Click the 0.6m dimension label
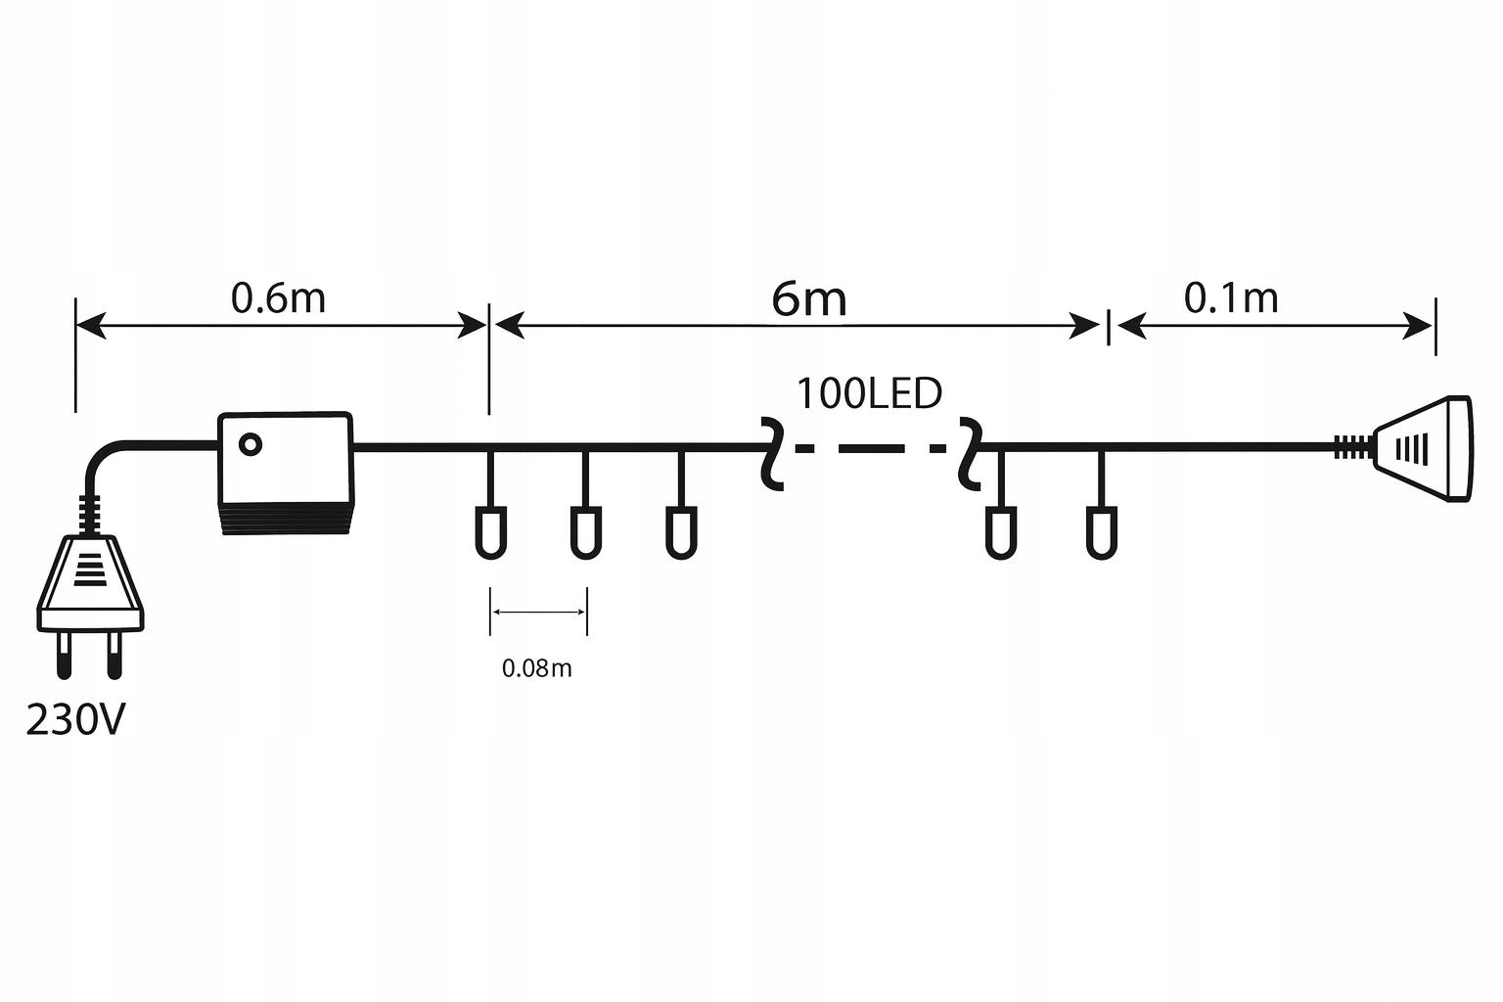pos(278,298)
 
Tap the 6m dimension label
pos(808,298)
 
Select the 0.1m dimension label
pos(1231,298)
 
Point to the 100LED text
pos(869,393)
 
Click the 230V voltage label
pos(75,721)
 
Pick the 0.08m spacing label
pos(536,668)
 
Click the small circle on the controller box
pos(250,444)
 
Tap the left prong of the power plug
pos(65,656)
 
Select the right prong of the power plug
pos(115,656)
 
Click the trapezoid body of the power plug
pos(90,582)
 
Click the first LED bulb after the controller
pos(490,531)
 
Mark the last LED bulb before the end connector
pos(1101,531)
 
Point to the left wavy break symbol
pos(771,452)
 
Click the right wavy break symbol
pos(971,452)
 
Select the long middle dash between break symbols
pos(872,449)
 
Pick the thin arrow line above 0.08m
pos(538,613)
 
